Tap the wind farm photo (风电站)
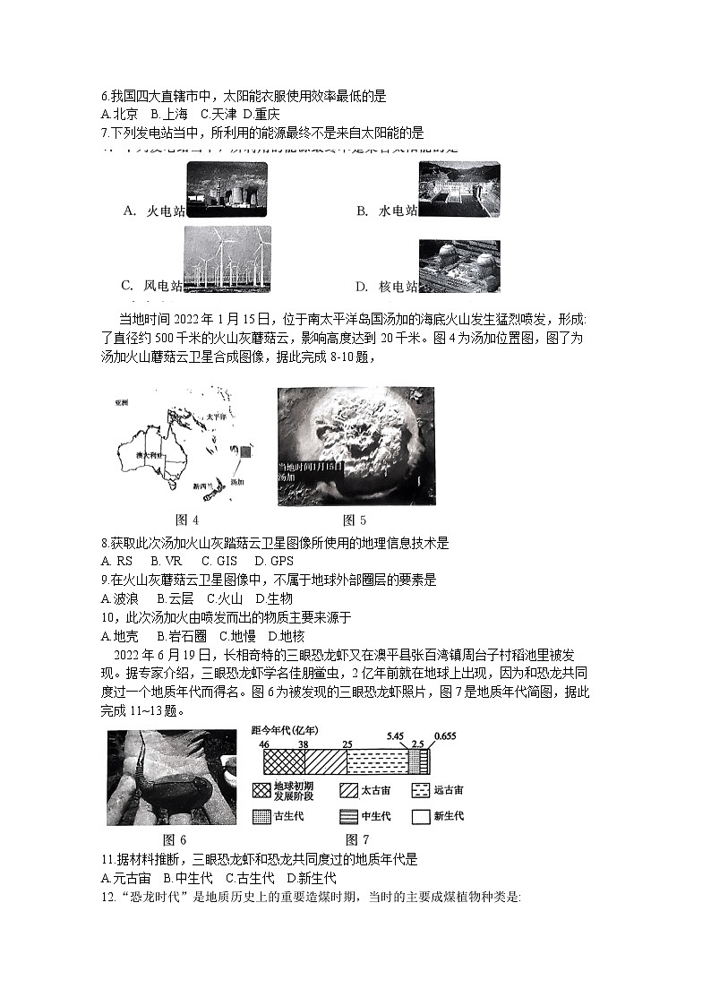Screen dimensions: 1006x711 tap(227, 259)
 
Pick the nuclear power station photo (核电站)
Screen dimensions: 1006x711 tap(459, 266)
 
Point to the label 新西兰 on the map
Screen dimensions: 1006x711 tap(204, 485)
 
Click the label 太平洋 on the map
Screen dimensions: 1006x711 tap(214, 417)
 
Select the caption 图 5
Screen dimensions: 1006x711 tap(355, 520)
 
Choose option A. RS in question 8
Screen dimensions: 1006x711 tap(117, 561)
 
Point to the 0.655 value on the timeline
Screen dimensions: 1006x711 tap(445, 736)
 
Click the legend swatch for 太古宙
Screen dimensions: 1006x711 tap(350, 791)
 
